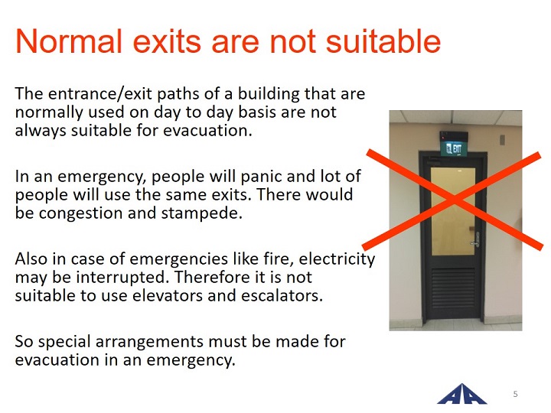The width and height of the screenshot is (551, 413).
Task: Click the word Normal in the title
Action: tap(69, 41)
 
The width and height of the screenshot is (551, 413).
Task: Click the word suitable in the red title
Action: tap(383, 41)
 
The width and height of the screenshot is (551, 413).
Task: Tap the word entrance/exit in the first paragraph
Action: tap(100, 94)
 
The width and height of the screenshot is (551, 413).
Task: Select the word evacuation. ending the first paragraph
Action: tap(207, 130)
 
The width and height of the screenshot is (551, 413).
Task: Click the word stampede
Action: tap(202, 213)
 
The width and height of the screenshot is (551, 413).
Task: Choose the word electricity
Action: tap(337, 259)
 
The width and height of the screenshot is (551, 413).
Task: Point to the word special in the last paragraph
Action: tap(64, 342)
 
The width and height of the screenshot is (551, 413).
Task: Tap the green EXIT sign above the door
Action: tap(454, 149)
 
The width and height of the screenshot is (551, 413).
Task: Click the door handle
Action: tap(475, 240)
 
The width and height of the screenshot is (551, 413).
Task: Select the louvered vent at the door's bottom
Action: tap(452, 288)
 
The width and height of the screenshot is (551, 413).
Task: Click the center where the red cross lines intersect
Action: tap(454, 200)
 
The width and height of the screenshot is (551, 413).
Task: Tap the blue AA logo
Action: tap(462, 394)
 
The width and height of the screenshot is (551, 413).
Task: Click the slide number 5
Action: tap(516, 394)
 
